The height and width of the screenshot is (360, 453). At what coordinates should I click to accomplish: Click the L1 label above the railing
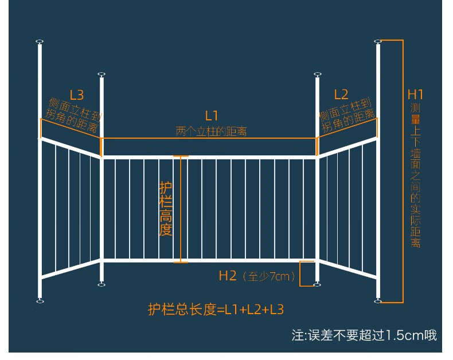tap(211, 116)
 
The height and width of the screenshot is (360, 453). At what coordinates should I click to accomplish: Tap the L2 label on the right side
tap(341, 95)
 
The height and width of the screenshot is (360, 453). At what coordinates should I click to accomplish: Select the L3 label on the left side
tap(77, 95)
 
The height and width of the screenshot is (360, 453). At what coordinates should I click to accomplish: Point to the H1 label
tap(415, 95)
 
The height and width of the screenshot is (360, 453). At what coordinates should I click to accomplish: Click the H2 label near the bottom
tap(228, 276)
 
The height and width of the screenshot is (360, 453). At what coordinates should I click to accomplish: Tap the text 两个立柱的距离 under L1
tap(211, 131)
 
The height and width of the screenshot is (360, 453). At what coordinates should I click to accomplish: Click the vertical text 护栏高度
tap(166, 209)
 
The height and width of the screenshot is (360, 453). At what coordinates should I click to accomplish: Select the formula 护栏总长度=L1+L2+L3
tap(216, 310)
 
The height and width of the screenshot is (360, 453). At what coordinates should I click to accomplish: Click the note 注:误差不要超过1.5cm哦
tap(364, 335)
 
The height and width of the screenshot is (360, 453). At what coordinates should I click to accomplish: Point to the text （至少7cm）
tap(269, 276)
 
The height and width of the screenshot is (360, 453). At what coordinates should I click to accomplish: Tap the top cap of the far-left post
tap(40, 42)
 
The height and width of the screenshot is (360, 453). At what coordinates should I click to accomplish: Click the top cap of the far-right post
tap(378, 42)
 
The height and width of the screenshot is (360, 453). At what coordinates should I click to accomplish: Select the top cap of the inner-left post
tap(101, 75)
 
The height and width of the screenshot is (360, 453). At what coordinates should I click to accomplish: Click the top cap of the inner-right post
tap(318, 75)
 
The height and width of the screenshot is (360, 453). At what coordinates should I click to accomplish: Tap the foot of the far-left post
tap(40, 302)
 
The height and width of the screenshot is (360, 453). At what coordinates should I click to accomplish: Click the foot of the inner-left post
tap(101, 285)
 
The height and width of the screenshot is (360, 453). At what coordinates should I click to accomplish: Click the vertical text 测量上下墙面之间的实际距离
tap(416, 175)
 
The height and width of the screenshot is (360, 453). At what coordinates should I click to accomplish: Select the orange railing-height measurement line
tap(181, 209)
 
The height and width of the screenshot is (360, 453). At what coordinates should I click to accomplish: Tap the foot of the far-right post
tap(378, 302)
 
